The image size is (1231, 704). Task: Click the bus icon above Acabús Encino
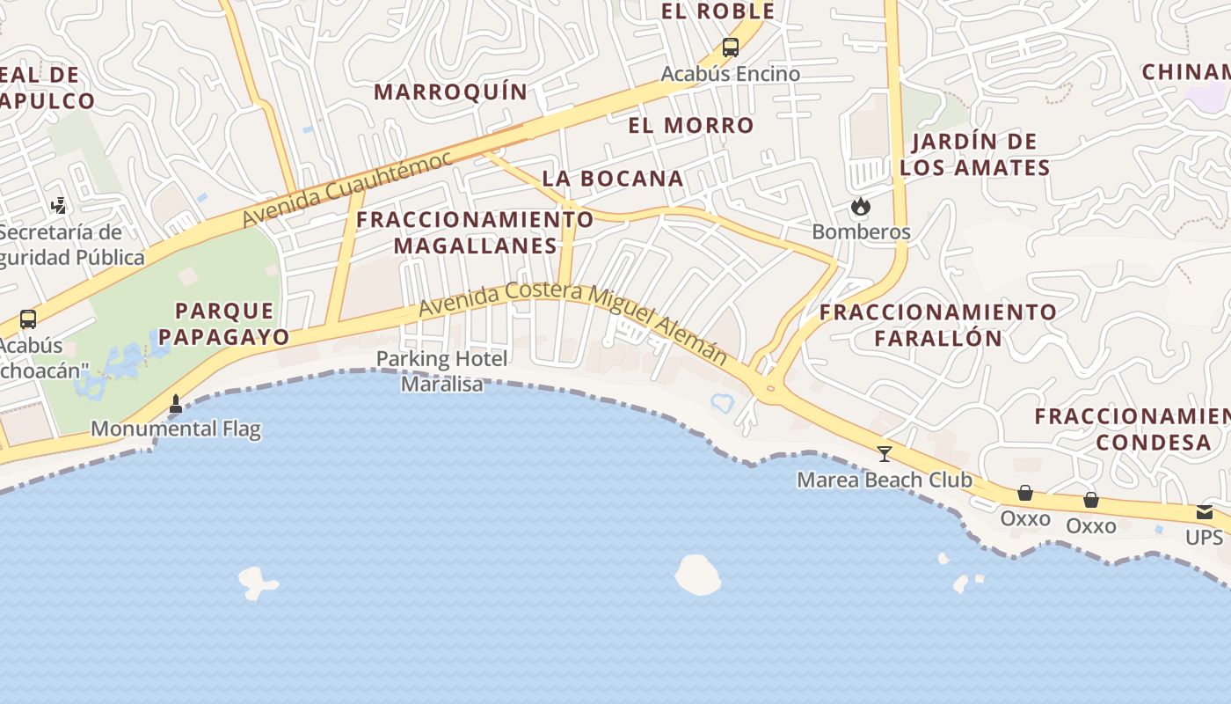click(731, 48)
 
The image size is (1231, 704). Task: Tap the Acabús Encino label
click(731, 74)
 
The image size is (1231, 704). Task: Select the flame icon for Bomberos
click(860, 207)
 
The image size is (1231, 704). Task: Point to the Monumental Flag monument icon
click(176, 404)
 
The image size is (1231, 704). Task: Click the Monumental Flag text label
click(176, 429)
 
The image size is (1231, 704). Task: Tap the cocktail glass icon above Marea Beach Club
click(885, 454)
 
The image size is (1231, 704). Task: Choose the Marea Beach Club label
click(885, 480)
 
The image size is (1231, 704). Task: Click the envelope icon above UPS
click(1204, 512)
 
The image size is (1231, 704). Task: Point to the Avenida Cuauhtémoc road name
click(347, 187)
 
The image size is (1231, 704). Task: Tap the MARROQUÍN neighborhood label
click(451, 92)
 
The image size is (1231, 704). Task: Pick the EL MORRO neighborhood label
click(691, 125)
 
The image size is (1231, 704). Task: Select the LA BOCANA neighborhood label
click(613, 178)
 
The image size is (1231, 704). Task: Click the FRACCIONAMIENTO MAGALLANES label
click(476, 232)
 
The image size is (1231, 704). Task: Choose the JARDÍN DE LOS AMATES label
click(975, 154)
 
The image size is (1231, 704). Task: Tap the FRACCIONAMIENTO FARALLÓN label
click(938, 325)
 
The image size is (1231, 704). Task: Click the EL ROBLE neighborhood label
click(717, 11)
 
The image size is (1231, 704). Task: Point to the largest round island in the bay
click(698, 575)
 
